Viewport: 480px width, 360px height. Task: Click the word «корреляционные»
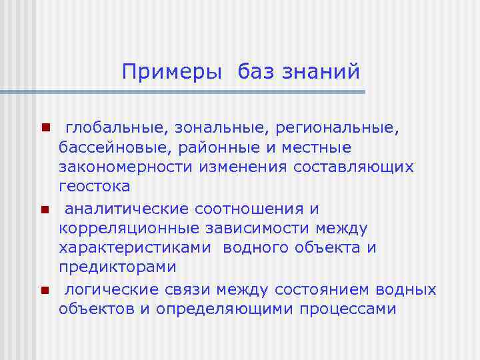(x=126, y=229)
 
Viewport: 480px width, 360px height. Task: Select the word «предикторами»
(x=117, y=267)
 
